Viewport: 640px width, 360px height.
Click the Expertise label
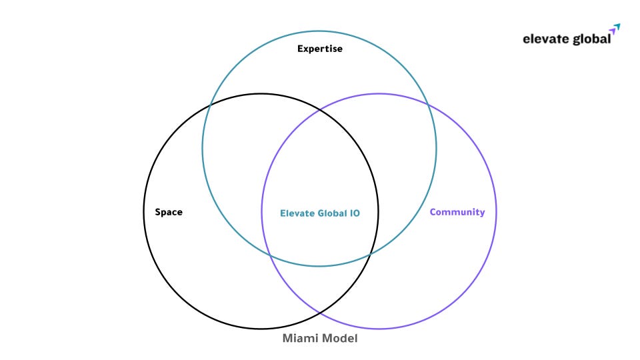coord(320,49)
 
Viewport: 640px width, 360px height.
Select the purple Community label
coord(457,212)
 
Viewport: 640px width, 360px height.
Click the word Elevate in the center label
coord(297,213)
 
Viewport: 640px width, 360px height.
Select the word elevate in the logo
coord(545,39)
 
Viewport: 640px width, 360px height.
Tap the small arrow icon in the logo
coord(615,29)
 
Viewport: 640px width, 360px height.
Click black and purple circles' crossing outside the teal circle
coord(320,313)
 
